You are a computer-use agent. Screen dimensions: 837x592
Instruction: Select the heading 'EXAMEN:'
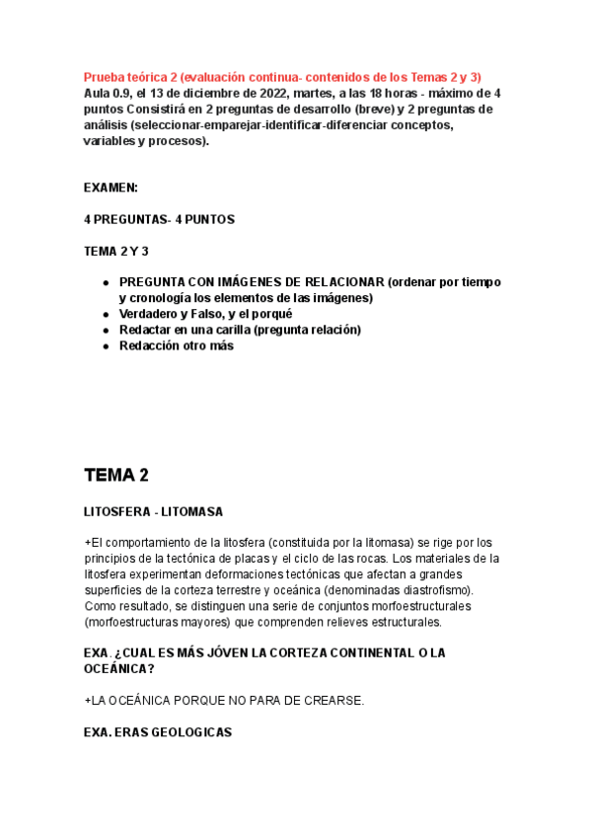111,187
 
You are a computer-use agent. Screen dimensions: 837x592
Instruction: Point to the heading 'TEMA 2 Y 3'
116,252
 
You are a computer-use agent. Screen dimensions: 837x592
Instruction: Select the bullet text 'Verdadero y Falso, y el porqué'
205,314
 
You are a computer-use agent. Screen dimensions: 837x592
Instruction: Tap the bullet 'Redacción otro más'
177,345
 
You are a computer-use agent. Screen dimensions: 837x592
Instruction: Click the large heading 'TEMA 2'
116,475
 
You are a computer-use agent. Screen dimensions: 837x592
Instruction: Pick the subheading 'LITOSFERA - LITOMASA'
154,512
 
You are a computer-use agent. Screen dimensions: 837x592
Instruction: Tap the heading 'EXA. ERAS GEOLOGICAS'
158,732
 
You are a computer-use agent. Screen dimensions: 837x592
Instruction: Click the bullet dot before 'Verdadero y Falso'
106,314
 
